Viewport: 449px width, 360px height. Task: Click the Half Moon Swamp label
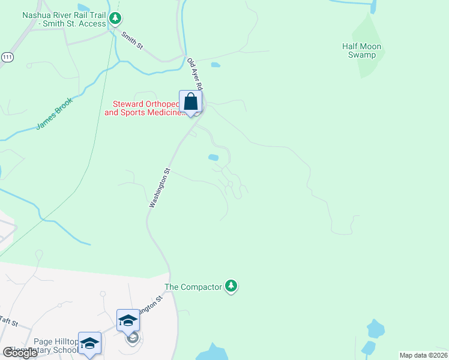361,50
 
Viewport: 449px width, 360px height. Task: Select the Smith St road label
133,41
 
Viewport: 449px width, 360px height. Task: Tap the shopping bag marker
190,102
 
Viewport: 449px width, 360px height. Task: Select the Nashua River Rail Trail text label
63,19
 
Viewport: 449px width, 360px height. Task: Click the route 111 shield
7,56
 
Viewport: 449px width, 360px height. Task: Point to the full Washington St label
160,188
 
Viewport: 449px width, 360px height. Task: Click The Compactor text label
193,287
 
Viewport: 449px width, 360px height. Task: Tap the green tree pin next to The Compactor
231,286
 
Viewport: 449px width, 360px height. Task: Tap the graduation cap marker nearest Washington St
128,320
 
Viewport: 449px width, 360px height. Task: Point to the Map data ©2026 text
423,355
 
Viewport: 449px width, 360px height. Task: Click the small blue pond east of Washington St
213,158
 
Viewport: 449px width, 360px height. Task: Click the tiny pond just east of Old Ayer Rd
215,64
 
